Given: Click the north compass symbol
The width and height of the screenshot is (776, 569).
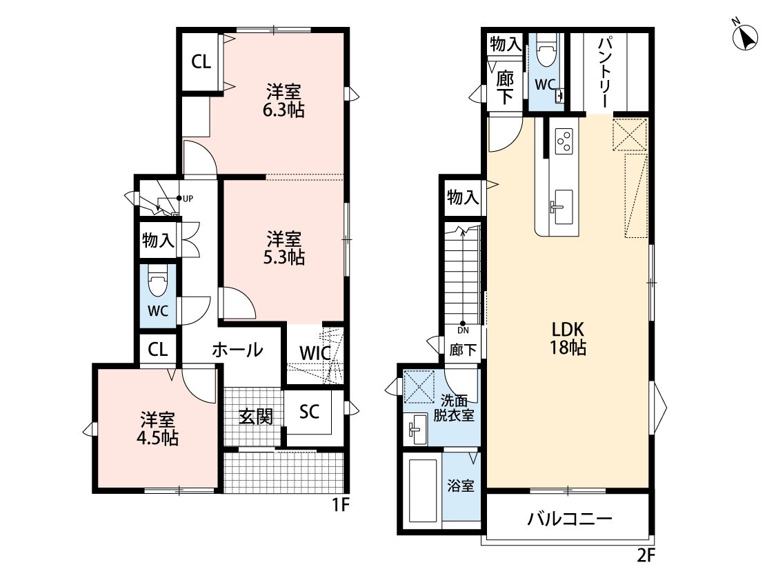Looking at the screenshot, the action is (x=745, y=37).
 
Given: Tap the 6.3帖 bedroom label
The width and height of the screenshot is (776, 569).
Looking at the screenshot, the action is (x=283, y=101).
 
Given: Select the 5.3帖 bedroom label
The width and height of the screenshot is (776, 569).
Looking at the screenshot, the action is (x=283, y=248).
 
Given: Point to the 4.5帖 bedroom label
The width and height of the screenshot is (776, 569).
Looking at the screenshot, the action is (x=157, y=430).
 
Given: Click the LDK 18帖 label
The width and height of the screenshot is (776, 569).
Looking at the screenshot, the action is (x=568, y=339).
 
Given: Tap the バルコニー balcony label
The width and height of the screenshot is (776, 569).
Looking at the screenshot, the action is (x=570, y=519).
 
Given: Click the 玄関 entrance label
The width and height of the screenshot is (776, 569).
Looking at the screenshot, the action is (x=256, y=417).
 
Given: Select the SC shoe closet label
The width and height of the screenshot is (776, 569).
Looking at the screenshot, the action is (x=309, y=411).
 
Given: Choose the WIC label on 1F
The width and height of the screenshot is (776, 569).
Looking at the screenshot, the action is (x=315, y=353).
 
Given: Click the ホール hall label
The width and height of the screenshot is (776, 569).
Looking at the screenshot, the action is (x=237, y=350).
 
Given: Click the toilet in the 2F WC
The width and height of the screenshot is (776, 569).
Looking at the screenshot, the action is (x=546, y=50).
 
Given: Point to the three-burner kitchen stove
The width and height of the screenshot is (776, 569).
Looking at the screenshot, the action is (x=564, y=141).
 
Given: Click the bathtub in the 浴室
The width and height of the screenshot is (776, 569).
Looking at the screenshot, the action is (x=423, y=490).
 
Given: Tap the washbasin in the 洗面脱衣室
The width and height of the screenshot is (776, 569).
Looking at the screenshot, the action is (x=418, y=429).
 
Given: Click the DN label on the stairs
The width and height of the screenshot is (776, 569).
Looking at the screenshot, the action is (x=464, y=330).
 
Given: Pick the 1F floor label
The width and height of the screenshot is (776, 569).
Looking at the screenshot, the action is (x=341, y=505).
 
